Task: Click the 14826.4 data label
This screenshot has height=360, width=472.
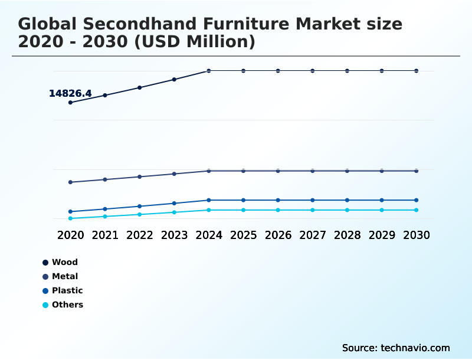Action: click(70, 93)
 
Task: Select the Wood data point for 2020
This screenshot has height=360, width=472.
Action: click(70, 103)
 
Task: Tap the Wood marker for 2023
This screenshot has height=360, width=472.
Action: click(174, 80)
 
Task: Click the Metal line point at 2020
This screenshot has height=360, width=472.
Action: click(70, 182)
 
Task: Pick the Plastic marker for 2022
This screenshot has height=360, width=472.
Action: click(140, 206)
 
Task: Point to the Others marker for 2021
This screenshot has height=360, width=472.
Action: click(105, 217)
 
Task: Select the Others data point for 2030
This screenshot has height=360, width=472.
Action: click(416, 210)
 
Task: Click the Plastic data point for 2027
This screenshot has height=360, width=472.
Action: click(313, 200)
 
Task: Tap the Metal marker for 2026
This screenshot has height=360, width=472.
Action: click(278, 171)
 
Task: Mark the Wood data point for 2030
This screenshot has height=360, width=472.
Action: click(416, 71)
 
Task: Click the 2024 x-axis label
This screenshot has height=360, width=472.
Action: click(209, 235)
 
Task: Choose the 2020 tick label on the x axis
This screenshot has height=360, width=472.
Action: click(70, 235)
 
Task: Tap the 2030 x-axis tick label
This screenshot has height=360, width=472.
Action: click(416, 235)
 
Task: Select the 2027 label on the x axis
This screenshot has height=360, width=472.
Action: click(313, 235)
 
